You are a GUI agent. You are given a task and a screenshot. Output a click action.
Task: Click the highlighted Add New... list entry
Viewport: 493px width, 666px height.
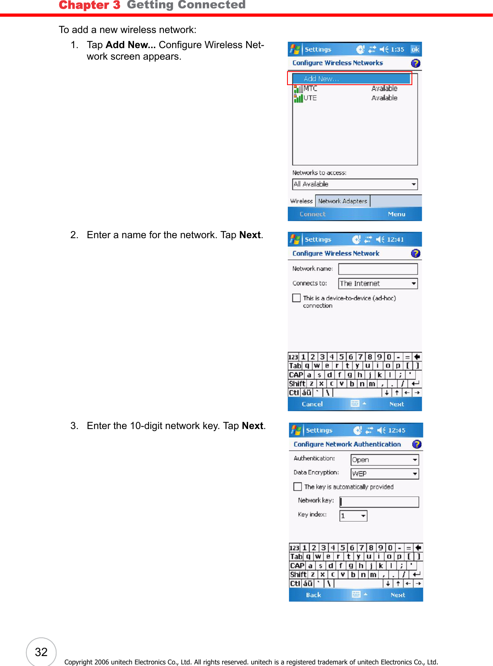point(350,79)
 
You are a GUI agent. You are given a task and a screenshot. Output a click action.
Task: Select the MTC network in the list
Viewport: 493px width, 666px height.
point(310,89)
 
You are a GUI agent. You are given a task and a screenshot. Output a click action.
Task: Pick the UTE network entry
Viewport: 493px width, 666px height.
point(310,98)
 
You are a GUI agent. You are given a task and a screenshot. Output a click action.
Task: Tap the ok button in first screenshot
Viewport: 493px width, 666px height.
point(415,49)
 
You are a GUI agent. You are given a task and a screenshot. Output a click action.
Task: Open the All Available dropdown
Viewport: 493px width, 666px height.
point(355,184)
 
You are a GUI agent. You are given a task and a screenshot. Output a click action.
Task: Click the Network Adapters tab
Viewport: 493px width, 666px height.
point(342,201)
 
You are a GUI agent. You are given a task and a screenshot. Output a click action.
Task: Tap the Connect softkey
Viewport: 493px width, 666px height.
point(312,214)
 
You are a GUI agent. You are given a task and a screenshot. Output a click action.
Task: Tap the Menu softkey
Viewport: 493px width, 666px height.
point(396,214)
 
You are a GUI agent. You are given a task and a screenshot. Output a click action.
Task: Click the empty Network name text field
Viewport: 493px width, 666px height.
point(378,269)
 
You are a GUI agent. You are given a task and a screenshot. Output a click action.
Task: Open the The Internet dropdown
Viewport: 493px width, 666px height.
point(378,283)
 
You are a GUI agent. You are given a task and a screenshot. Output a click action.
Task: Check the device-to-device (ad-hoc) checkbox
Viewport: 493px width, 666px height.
point(296,298)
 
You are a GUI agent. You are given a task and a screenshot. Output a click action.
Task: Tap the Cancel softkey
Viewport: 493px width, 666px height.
point(312,404)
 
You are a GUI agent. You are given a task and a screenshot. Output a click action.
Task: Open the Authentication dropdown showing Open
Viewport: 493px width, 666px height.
point(384,460)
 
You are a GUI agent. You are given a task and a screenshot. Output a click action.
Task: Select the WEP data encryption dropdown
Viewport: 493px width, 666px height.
point(384,474)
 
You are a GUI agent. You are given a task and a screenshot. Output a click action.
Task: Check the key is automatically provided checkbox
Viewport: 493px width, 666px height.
point(297,487)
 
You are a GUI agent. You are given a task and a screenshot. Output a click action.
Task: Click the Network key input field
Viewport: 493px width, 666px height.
point(379,502)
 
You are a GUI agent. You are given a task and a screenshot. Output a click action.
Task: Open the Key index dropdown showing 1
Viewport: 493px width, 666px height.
point(353,516)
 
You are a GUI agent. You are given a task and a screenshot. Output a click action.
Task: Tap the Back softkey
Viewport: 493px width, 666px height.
point(313,595)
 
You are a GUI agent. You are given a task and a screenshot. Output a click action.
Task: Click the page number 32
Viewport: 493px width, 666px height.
point(41,652)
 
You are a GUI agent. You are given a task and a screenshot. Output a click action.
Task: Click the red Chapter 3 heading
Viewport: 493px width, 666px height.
point(89,5)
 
